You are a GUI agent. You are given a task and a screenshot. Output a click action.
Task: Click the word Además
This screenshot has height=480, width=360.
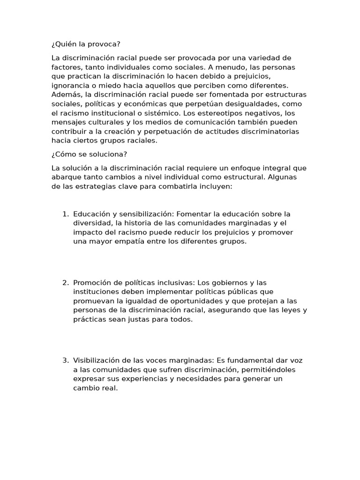point(66,95)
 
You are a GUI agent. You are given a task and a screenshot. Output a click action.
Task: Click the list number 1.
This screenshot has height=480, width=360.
point(65,214)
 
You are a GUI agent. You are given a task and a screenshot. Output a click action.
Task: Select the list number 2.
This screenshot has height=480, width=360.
point(65,283)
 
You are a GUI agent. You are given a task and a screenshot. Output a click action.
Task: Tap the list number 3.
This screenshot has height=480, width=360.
point(65,360)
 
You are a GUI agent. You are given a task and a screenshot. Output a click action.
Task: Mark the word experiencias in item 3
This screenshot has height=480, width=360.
point(146,379)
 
